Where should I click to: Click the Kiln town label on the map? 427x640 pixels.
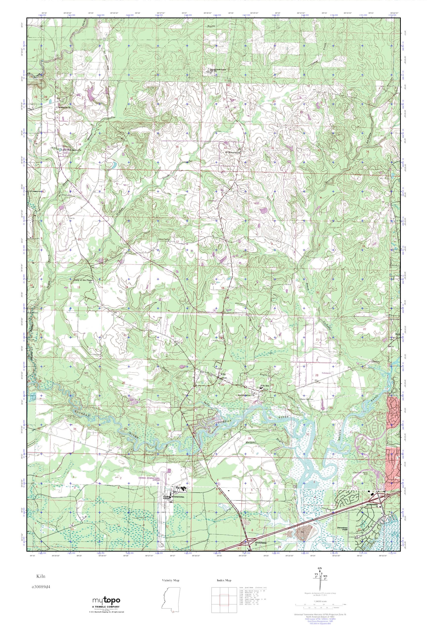(223, 374)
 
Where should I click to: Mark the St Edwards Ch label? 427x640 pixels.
(233, 153)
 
